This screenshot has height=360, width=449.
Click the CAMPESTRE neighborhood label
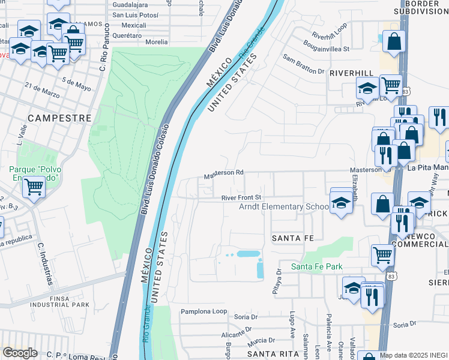59,118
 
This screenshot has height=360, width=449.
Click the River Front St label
241,197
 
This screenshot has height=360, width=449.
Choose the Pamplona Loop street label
204,312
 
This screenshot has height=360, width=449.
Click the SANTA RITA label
265,353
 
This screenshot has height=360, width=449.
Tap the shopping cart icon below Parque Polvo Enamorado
33,187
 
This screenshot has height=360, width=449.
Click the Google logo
20,353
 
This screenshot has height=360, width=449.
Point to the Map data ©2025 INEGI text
413,355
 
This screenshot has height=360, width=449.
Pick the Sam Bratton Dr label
303,66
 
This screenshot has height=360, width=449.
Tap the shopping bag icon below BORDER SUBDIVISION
394,42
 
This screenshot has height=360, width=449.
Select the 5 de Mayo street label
76,83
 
